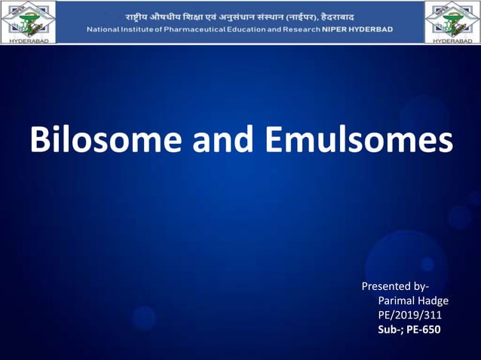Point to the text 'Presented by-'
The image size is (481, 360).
pyautogui.click(x=396, y=286)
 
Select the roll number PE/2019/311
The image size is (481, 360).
pyautogui.click(x=409, y=315)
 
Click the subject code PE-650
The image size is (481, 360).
pyautogui.click(x=425, y=329)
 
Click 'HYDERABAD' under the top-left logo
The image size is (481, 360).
pyautogui.click(x=28, y=40)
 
